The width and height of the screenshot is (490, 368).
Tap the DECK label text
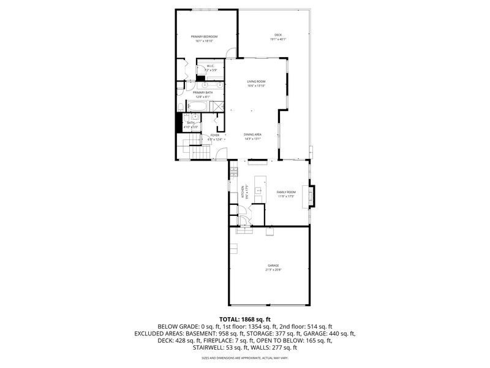pyautogui.click(x=278, y=34)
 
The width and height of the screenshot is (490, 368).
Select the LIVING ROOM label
pyautogui.click(x=256, y=82)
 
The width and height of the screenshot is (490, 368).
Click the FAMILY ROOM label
pyautogui.click(x=286, y=193)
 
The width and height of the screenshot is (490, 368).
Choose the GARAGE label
pyautogui.click(x=273, y=265)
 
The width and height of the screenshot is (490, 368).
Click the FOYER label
pyautogui.click(x=214, y=135)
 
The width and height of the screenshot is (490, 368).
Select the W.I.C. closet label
pyautogui.click(x=210, y=66)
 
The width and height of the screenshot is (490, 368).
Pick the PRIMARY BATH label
pyautogui.click(x=203, y=93)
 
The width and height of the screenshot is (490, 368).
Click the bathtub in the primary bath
pyautogui.click(x=197, y=106)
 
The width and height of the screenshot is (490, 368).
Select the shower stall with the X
pyautogui.click(x=216, y=105)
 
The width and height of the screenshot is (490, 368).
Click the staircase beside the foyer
pyautogui.click(x=194, y=147)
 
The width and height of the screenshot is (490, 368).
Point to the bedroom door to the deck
pyautogui.click(x=230, y=53)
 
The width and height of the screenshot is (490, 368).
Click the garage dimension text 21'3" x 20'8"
pyautogui.click(x=273, y=269)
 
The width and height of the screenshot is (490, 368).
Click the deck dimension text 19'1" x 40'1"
pyautogui.click(x=278, y=39)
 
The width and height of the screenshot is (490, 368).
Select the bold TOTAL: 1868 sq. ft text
pyautogui.click(x=245, y=320)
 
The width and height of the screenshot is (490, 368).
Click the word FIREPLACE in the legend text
pyautogui.click(x=201, y=340)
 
